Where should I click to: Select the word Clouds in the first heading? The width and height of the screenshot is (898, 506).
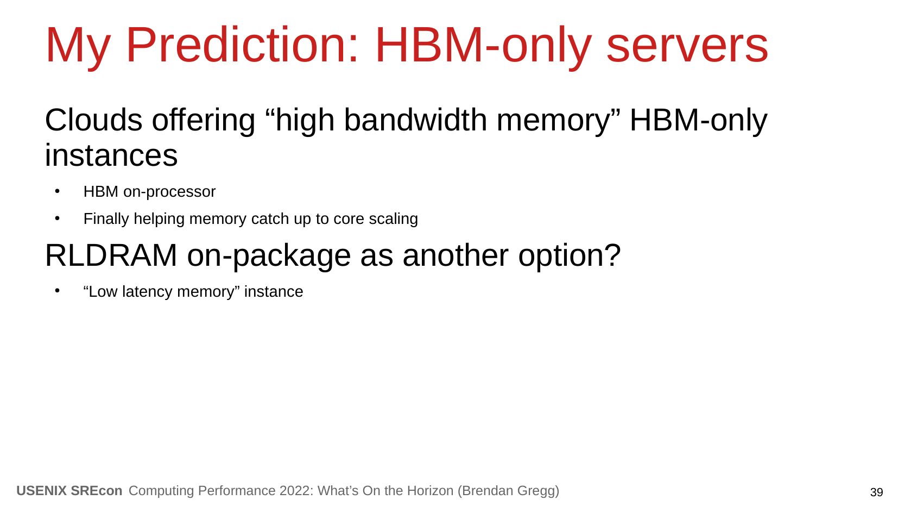[x=93, y=120]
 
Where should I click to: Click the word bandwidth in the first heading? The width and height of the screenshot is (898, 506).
[x=415, y=120]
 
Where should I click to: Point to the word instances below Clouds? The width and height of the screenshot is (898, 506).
[x=111, y=155]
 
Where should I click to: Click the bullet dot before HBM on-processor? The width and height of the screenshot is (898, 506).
[x=58, y=191]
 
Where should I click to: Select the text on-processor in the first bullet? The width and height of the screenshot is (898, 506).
[x=169, y=192]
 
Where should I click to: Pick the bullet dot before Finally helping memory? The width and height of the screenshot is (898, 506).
[x=58, y=218]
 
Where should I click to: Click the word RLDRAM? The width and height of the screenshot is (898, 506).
[x=111, y=255]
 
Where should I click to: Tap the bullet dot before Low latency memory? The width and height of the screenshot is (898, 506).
[x=58, y=291]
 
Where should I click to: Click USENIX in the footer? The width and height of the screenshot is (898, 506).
[x=41, y=491]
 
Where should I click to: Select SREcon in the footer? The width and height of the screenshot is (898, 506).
[x=96, y=491]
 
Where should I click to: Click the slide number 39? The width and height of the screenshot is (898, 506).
[x=876, y=492]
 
